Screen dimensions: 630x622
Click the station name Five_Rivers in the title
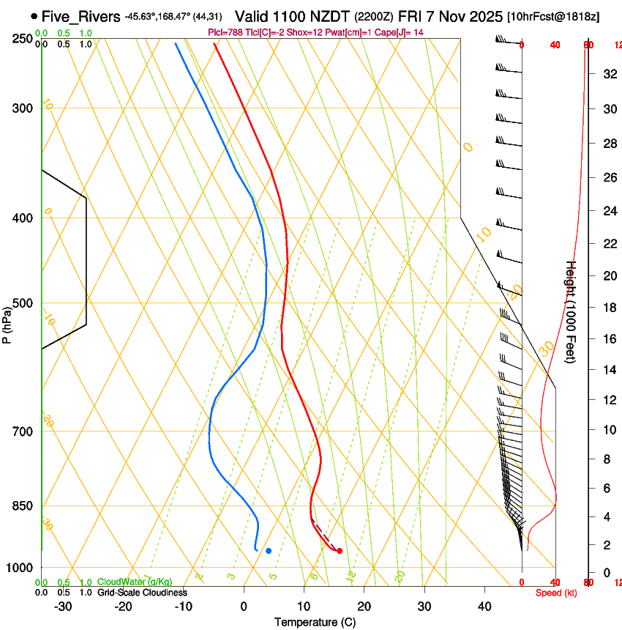(80, 16)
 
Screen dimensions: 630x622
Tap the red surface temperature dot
(340, 550)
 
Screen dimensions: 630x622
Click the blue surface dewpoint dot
(269, 550)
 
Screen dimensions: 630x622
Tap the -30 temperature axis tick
(63, 607)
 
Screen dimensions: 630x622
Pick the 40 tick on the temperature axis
(484, 607)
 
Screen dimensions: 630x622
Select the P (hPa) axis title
(7, 322)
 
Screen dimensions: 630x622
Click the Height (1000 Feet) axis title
(572, 311)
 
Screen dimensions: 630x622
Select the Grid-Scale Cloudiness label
(142, 593)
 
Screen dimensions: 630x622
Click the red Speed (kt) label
(556, 593)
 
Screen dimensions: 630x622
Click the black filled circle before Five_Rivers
(34, 16)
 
